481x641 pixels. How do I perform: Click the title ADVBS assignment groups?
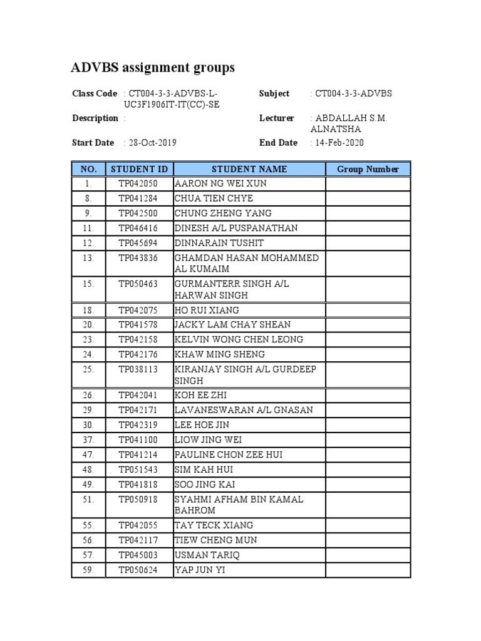153,67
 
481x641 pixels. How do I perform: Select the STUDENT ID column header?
139,169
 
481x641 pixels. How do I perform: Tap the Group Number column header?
368,169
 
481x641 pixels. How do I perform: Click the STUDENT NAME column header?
249,169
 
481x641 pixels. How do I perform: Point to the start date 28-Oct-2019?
152,143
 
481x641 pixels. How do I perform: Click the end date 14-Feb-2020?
339,143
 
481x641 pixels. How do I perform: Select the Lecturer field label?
276,118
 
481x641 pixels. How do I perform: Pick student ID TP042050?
139,184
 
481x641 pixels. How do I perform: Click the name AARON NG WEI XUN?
222,184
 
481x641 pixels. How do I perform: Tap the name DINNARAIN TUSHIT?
219,243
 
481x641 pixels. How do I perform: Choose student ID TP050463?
139,284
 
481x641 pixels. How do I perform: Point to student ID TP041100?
139,440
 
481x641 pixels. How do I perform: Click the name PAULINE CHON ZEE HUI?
229,455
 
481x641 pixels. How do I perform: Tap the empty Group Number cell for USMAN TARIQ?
368,555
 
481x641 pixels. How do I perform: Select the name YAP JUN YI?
200,570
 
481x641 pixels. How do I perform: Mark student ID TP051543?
139,470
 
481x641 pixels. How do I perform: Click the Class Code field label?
95,94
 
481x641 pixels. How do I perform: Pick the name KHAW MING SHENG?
220,354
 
